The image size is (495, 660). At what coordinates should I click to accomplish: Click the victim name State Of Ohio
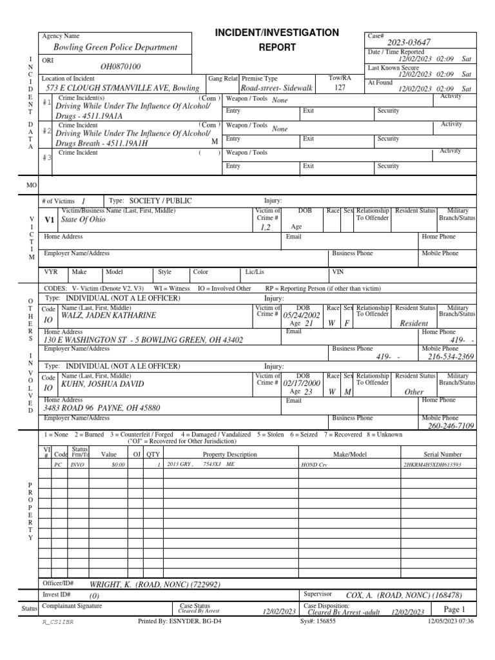pyautogui.click(x=82, y=219)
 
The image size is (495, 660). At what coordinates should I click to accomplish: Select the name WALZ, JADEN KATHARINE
pyautogui.click(x=108, y=316)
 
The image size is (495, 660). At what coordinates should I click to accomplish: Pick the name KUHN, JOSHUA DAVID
pyautogui.click(x=103, y=384)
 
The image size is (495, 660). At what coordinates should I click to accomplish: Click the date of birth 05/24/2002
pyautogui.click(x=302, y=316)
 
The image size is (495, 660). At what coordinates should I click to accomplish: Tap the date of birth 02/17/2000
pyautogui.click(x=302, y=383)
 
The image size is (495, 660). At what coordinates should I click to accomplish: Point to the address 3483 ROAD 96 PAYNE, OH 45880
pyautogui.click(x=101, y=408)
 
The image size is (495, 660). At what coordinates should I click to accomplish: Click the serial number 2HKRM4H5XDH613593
pyautogui.click(x=432, y=464)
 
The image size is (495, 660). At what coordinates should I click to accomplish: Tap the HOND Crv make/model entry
pyautogui.click(x=314, y=464)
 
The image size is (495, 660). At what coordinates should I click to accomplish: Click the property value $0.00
pyautogui.click(x=118, y=464)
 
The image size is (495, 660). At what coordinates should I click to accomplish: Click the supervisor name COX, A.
pyautogui.click(x=403, y=596)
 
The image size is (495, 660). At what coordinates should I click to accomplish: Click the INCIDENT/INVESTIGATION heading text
pyautogui.click(x=277, y=32)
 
